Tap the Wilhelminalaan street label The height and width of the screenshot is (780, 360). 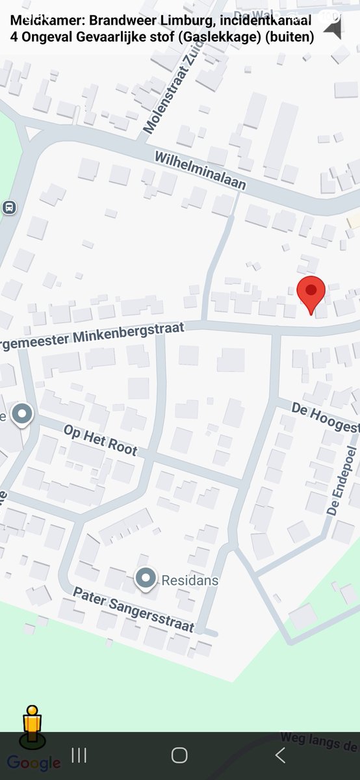click(200, 170)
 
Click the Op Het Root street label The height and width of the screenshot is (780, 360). click(100, 439)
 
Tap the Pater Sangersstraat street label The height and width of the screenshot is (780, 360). click(133, 610)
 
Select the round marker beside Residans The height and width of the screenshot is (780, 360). click(146, 577)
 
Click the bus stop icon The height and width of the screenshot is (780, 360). click(9, 208)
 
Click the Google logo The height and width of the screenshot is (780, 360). click(34, 763)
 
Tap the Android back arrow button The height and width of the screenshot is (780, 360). click(280, 755)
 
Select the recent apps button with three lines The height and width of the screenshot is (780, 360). click(79, 755)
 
